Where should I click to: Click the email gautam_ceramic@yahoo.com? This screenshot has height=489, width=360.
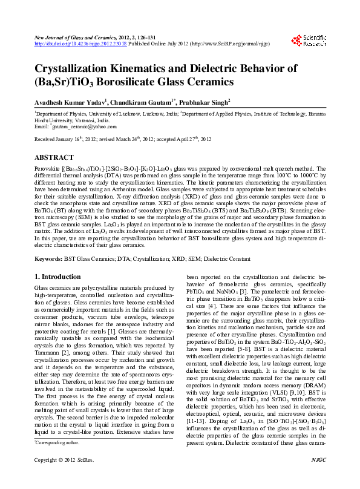tap(84, 126)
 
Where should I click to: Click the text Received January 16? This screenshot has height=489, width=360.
tap(61, 139)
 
